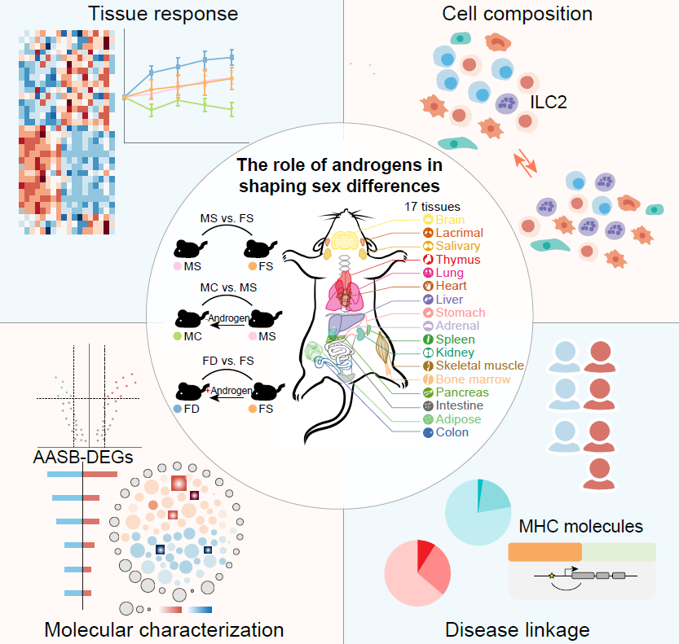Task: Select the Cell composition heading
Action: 517,14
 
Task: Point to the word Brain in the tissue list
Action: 451,220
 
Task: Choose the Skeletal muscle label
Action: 479,366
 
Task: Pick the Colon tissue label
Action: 452,432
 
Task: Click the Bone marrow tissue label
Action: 473,379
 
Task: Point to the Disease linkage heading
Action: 517,629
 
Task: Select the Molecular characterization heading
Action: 164,629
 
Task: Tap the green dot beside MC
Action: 177,335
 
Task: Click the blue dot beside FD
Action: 177,407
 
